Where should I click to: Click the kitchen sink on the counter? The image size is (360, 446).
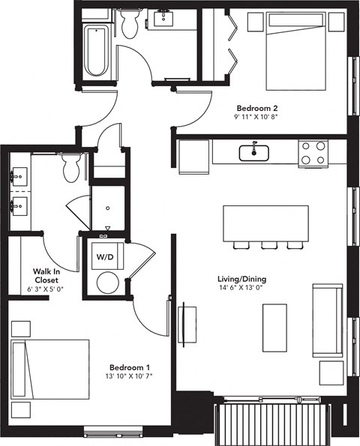click(x=255, y=153)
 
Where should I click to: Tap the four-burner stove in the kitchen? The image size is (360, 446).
click(x=314, y=153)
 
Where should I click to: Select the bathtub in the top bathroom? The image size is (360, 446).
click(x=95, y=51)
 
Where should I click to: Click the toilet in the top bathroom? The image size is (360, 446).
click(x=129, y=24)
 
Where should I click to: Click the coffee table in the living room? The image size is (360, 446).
click(x=274, y=327)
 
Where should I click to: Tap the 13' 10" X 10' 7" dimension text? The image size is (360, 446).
click(x=130, y=376)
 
